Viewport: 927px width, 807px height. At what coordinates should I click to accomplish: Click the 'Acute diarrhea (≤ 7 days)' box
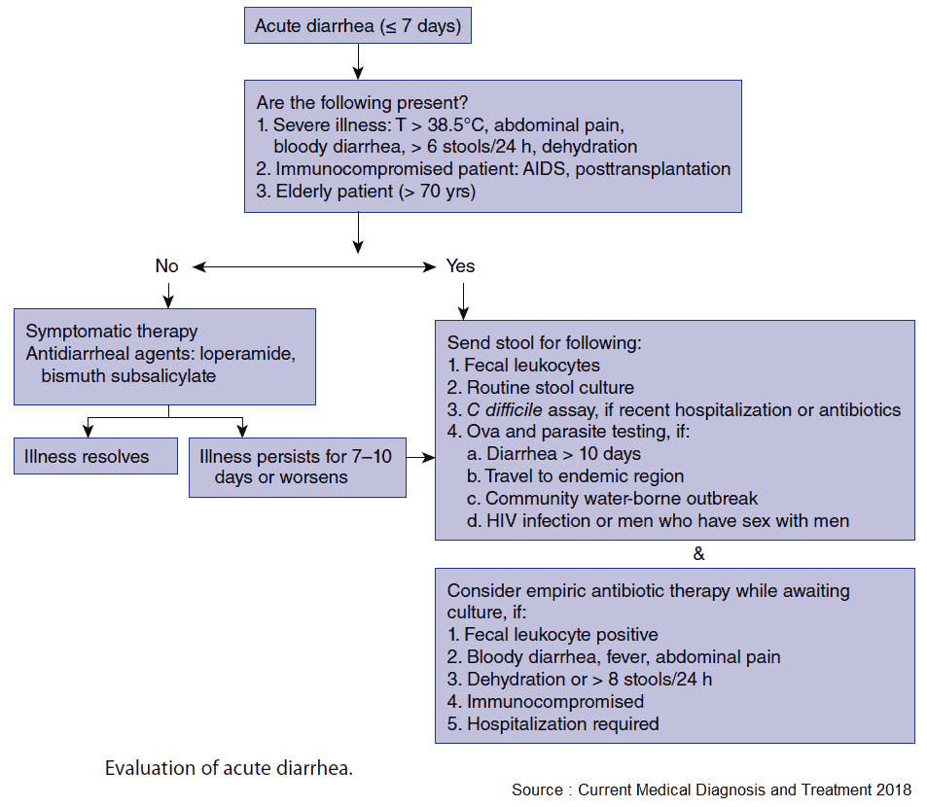pyautogui.click(x=357, y=26)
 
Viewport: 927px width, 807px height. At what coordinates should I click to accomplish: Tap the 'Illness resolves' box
pyautogui.click(x=94, y=456)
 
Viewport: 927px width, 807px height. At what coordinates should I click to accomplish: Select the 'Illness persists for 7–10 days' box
pyautogui.click(x=297, y=467)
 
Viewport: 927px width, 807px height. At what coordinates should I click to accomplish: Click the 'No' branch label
pyautogui.click(x=166, y=265)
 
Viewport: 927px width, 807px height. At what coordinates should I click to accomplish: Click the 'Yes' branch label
pyautogui.click(x=460, y=265)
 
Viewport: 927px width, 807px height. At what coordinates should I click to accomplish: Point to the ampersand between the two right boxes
pyautogui.click(x=697, y=554)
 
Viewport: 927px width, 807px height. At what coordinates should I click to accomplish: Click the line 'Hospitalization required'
pyautogui.click(x=562, y=723)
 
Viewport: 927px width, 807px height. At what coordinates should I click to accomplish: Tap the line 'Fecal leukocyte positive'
pyautogui.click(x=561, y=635)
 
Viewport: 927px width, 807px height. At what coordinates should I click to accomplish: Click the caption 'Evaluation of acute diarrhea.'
pyautogui.click(x=229, y=768)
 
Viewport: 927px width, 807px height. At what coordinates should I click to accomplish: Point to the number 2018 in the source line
pyautogui.click(x=891, y=789)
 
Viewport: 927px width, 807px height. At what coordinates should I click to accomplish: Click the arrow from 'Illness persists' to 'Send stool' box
pyautogui.click(x=420, y=456)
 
